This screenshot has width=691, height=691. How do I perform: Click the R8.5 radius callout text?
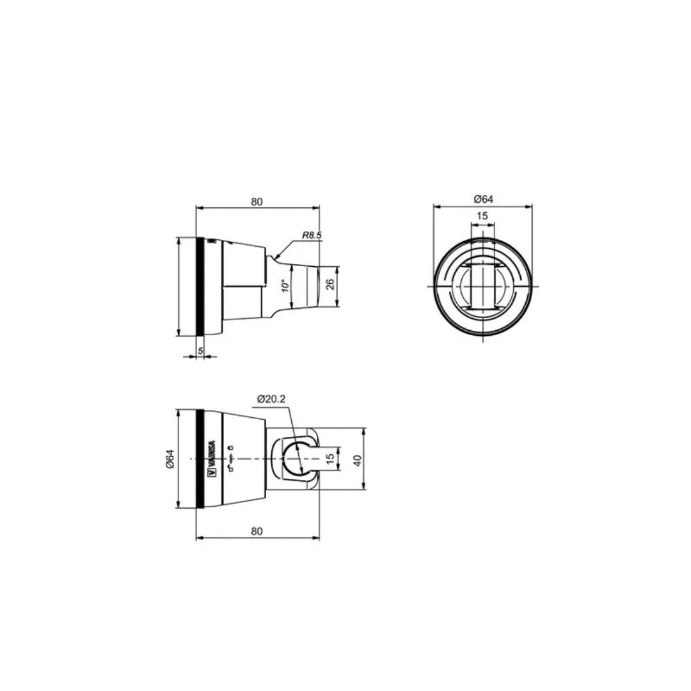(312, 235)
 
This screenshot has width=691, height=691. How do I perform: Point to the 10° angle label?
(283, 285)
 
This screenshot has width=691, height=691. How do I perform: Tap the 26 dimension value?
(330, 284)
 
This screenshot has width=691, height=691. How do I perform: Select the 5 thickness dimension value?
(200, 351)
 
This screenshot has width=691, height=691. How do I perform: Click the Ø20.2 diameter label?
(271, 399)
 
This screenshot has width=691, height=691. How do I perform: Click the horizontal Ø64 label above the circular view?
(483, 200)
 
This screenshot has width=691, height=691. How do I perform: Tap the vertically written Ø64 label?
(170, 459)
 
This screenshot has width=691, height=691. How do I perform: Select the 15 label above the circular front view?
(482, 216)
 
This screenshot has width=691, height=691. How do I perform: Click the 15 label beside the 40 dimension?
(330, 459)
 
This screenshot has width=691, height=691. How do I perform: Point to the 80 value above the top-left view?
(257, 202)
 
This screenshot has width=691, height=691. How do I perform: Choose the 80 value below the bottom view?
(257, 531)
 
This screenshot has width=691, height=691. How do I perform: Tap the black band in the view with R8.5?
(200, 286)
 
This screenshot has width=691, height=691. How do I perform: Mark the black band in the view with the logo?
(200, 459)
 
